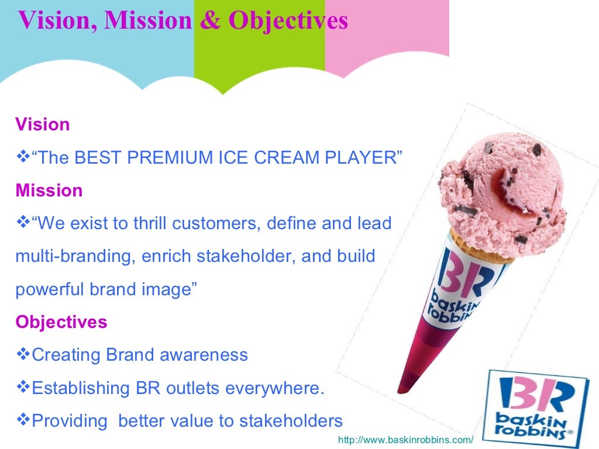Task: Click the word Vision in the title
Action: [57, 21]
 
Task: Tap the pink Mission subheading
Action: [49, 191]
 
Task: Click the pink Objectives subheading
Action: [61, 322]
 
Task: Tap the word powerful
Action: [50, 289]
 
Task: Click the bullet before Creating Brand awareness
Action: [23, 354]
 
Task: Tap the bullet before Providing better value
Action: [23, 420]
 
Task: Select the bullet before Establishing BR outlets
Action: [23, 387]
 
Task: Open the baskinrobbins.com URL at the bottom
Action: [405, 439]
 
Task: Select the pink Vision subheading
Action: [43, 125]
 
